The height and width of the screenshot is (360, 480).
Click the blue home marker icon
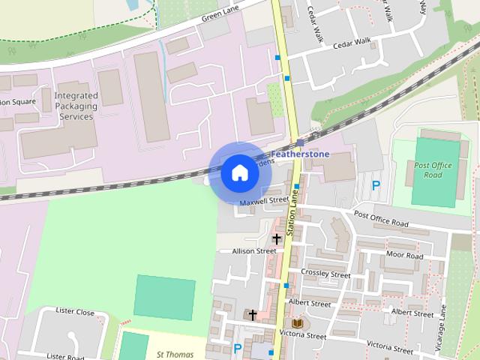pos(240,173)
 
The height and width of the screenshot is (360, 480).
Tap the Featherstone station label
pos(300,154)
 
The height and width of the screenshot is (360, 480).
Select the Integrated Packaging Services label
pos(75,106)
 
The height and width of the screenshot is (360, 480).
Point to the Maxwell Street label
pos(264,201)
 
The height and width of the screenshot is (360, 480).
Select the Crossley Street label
pos(325,274)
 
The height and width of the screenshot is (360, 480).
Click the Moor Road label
pos(405,256)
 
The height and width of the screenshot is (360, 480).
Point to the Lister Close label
pos(75,311)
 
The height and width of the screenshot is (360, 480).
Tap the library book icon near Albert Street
pos(298,322)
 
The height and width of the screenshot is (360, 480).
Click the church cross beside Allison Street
pos(277,239)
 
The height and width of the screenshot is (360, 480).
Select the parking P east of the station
pos(376,185)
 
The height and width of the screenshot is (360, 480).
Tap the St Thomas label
pos(175,355)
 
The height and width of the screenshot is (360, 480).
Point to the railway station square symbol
pos(300,142)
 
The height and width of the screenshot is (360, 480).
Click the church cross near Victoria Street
pos(253,314)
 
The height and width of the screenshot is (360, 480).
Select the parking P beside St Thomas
pos(238,348)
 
